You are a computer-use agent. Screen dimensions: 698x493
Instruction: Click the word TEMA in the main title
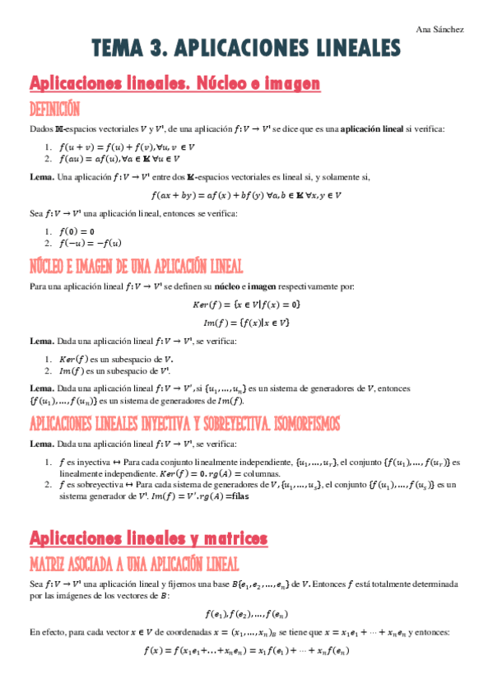click(x=121, y=50)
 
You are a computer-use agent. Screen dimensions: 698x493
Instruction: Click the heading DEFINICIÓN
click(x=54, y=109)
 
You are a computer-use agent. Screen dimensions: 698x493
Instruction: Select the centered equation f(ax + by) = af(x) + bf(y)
click(x=246, y=195)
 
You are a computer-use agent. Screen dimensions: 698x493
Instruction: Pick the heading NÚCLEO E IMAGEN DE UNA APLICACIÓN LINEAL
click(x=136, y=266)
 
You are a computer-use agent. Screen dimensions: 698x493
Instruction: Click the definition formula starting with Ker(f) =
click(x=247, y=305)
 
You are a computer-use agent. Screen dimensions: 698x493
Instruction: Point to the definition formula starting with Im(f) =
click(x=247, y=322)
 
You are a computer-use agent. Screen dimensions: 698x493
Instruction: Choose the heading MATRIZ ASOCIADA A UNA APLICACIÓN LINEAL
click(x=134, y=564)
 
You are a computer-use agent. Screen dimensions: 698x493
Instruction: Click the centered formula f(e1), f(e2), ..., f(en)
click(x=247, y=613)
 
